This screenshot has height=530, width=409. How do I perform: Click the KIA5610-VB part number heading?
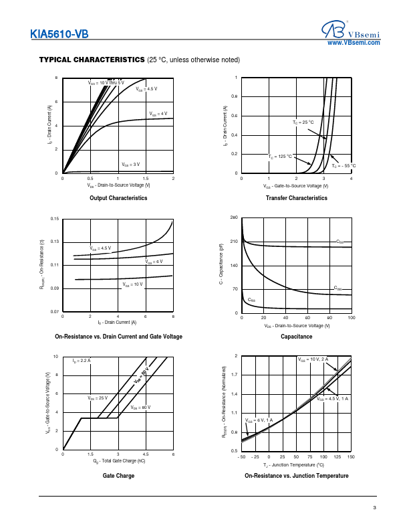[59, 35]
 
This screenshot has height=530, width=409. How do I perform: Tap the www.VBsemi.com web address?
[354, 42]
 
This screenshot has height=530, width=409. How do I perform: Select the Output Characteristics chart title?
[118, 198]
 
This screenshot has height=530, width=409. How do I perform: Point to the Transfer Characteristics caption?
[296, 198]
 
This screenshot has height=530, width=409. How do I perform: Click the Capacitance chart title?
[296, 337]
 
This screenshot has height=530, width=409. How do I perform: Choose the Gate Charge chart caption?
[118, 475]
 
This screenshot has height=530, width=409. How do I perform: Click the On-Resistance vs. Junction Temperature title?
[296, 475]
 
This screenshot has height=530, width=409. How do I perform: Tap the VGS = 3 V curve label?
[131, 164]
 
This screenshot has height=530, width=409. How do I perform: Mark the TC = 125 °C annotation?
[281, 156]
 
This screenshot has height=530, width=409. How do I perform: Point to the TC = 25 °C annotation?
[303, 122]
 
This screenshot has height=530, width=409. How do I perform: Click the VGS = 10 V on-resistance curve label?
[132, 284]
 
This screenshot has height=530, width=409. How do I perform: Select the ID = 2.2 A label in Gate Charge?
[82, 361]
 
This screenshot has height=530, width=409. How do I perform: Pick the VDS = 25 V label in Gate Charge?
[98, 397]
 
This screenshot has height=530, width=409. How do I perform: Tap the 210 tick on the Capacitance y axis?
[234, 242]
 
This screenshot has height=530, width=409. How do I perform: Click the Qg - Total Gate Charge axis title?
[118, 461]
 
